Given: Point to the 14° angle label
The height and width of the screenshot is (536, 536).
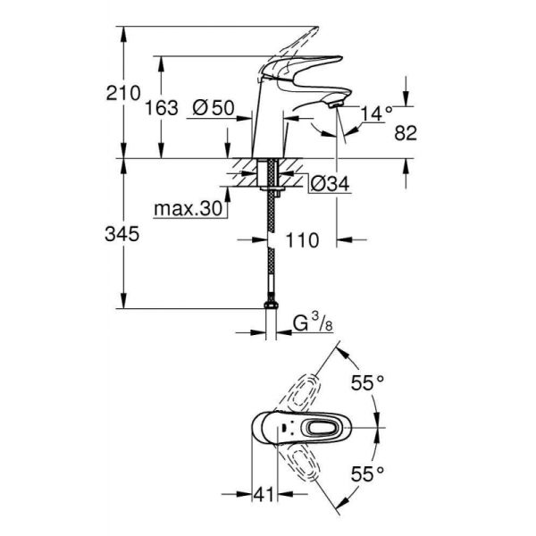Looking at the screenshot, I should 376,113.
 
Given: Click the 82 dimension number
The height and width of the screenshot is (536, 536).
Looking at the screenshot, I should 406,133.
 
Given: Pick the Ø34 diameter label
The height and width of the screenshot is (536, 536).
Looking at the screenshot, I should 327,185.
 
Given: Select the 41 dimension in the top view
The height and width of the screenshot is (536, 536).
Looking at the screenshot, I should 262,492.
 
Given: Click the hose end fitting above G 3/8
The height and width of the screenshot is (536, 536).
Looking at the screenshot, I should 271,306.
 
